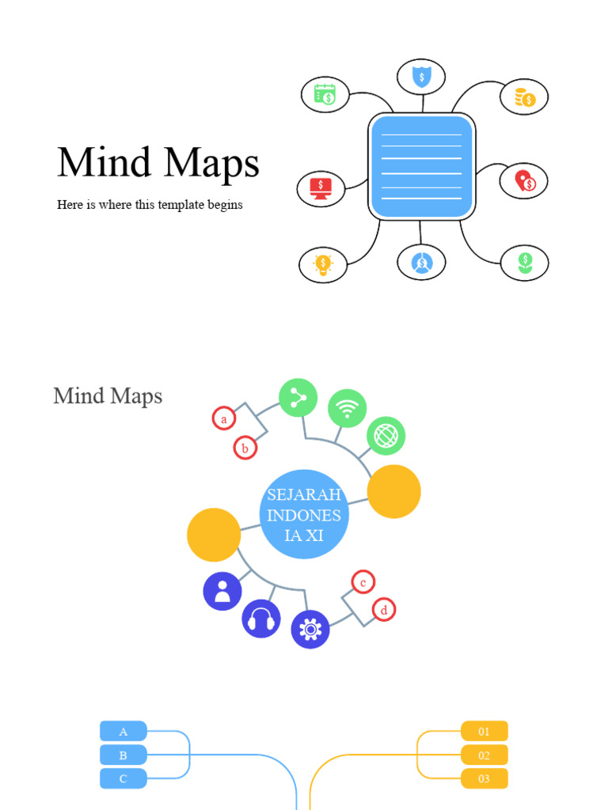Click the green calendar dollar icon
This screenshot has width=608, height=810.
pos(325,95)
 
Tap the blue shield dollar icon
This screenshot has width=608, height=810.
pos(422,77)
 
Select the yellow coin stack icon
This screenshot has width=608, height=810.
pos(524,97)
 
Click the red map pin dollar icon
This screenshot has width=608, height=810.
pos(524,181)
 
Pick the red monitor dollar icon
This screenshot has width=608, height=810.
pos(321,189)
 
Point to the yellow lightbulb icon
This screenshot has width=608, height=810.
pos(323,264)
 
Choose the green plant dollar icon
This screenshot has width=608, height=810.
pos(525,263)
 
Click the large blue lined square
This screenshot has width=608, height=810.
pos(421,166)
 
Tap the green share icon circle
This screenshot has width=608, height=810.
pos(298,398)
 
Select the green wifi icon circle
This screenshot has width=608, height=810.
pos(347,408)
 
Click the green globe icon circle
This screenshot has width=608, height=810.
pos(386,436)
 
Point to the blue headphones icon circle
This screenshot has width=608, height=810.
pos(261,619)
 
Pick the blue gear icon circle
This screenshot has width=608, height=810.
pos(310,630)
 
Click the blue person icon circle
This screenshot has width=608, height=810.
pos(222,591)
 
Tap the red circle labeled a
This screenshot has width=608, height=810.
pos(224,419)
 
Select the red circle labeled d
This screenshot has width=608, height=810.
pos(384,610)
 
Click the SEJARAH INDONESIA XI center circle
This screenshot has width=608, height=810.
pos(304,514)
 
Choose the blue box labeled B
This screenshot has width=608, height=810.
pos(123,755)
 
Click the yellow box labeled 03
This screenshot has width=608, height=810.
pos(484,779)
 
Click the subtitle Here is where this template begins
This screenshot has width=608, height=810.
pos(150,205)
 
